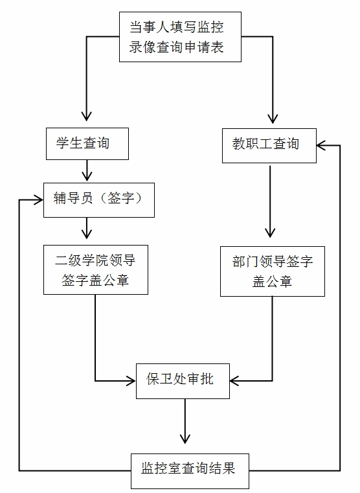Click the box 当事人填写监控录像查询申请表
point(180,37)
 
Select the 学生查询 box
point(87,144)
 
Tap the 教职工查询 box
point(269,146)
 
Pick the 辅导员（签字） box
point(99,200)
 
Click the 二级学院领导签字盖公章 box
point(96,269)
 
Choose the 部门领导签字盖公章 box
point(273,271)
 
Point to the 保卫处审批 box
point(183,381)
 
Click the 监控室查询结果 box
point(190,471)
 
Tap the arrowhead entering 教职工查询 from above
point(273,118)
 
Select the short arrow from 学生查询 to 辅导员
point(87,170)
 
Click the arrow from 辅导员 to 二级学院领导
point(87,228)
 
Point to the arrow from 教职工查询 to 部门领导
point(270,201)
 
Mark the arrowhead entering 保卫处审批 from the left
point(131,381)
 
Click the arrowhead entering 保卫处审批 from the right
point(235,381)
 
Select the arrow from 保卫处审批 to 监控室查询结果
point(185,421)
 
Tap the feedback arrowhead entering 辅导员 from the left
point(38,200)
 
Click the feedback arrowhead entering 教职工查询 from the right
point(322,146)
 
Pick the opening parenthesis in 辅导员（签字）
point(104,198)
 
